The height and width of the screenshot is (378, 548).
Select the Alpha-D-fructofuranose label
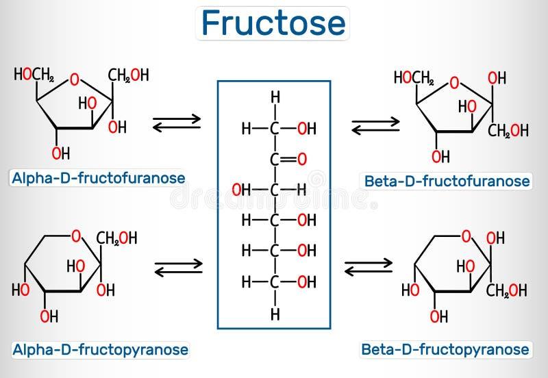tap(97, 179)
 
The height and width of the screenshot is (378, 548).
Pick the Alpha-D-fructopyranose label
tap(99, 349)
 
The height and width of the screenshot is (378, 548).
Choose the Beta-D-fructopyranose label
tap(445, 349)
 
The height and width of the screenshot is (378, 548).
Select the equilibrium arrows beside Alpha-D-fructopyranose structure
tap(179, 266)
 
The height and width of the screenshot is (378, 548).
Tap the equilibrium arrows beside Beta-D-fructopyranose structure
tap(368, 266)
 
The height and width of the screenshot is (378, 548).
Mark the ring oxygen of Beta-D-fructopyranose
tap(466, 238)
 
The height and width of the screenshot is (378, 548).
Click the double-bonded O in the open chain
tap(302, 160)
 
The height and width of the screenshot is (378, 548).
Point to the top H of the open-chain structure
tap(275, 97)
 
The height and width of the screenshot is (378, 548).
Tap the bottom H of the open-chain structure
tap(275, 315)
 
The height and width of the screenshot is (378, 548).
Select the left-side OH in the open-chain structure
tap(240, 190)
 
